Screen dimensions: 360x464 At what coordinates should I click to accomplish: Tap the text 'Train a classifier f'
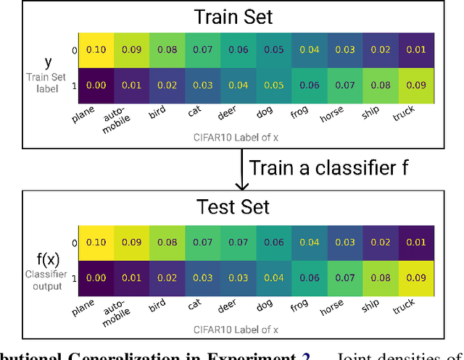[328, 168]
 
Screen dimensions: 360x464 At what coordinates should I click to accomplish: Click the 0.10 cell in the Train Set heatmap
[96, 50]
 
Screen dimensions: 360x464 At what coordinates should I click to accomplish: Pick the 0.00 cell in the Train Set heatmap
[96, 85]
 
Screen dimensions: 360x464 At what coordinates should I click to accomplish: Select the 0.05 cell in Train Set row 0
[274, 50]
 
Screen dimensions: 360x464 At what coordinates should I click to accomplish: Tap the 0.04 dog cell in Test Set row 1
[274, 276]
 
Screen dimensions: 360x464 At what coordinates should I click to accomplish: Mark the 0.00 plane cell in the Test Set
[96, 276]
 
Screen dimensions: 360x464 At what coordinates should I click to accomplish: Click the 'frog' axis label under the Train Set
[299, 114]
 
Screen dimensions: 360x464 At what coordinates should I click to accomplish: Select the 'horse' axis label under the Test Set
[333, 306]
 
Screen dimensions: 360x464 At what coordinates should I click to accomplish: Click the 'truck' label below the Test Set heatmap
[405, 306]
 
